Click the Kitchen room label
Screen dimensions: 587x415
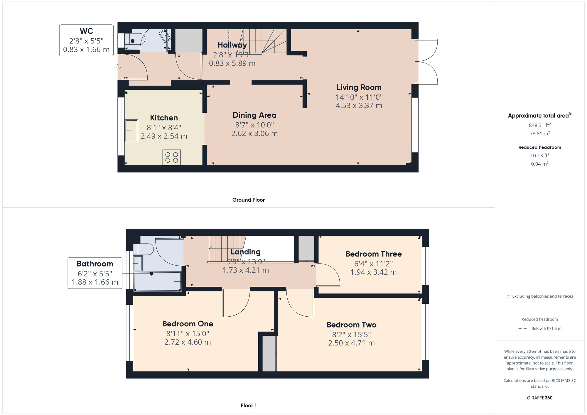click(x=164, y=118)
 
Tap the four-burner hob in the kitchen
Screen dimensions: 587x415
click(x=172, y=157)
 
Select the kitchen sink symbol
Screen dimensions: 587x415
click(x=131, y=131)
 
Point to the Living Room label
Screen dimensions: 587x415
click(x=359, y=87)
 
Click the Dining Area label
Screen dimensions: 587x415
click(x=254, y=115)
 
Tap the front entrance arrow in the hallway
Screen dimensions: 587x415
click(x=117, y=68)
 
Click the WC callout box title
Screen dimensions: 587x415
click(x=86, y=31)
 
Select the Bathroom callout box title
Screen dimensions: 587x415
click(x=95, y=264)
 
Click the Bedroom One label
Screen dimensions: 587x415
click(x=188, y=324)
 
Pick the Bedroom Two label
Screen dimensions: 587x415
click(x=351, y=325)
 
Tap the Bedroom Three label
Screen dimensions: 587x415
click(x=373, y=254)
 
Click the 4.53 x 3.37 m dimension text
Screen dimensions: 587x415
click(x=359, y=106)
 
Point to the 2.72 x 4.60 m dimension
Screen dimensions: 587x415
click(x=188, y=342)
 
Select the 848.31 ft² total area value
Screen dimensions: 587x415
click(x=540, y=125)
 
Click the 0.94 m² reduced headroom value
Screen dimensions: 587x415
click(x=540, y=164)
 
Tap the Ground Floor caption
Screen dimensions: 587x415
click(x=249, y=200)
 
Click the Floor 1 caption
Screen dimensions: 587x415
click(x=249, y=406)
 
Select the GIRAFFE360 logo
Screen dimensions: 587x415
click(x=540, y=398)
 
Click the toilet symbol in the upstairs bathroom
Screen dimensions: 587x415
click(x=143, y=249)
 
